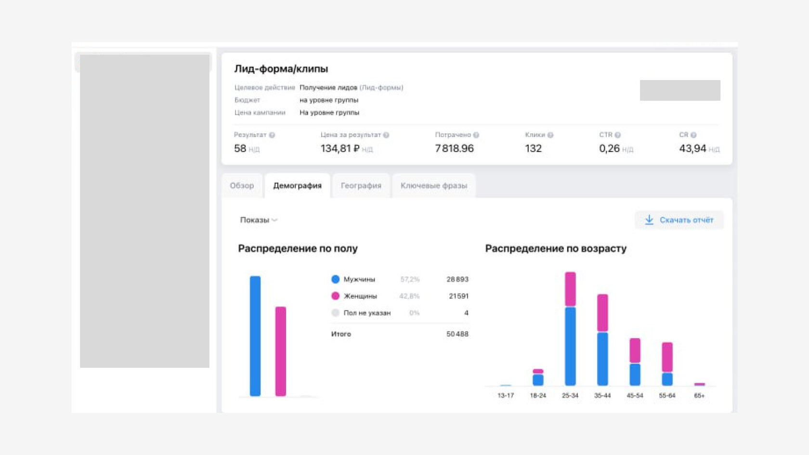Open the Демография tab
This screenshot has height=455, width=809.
[297, 186]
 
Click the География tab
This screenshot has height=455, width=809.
[361, 186]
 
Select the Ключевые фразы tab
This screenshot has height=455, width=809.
[433, 186]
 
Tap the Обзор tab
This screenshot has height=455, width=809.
[242, 186]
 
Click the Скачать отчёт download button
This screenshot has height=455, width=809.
[679, 220]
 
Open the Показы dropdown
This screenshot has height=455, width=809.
[259, 220]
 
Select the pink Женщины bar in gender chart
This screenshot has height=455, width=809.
[281, 351]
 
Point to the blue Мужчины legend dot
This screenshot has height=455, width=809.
[336, 279]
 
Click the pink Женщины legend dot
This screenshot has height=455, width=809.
[336, 296]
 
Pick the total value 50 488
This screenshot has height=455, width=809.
[457, 334]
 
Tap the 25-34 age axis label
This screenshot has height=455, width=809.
[570, 396]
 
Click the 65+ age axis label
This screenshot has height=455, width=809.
[699, 396]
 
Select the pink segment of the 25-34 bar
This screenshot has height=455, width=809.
[570, 289]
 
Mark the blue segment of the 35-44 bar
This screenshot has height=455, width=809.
[602, 359]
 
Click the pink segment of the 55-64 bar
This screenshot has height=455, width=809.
[667, 357]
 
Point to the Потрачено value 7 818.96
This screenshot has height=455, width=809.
[454, 149]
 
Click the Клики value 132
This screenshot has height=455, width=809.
[533, 149]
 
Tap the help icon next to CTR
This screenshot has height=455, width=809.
[618, 135]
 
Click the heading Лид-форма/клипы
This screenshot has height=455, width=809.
[281, 69]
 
